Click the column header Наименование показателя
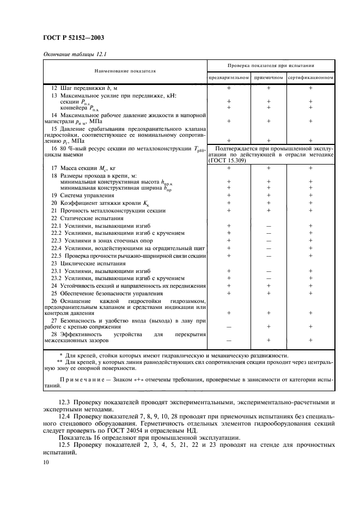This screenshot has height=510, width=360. (125, 71)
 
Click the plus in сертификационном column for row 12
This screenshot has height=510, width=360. (310, 88)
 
